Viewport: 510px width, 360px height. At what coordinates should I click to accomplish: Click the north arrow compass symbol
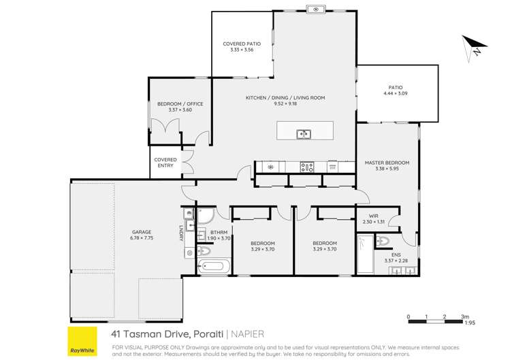pyautogui.click(x=475, y=48)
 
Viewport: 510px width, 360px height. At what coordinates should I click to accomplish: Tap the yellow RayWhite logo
pyautogui.click(x=82, y=338)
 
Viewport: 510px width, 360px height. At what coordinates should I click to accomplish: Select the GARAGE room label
pyautogui.click(x=142, y=232)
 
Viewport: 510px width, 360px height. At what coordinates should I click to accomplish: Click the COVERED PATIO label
pyautogui.click(x=242, y=44)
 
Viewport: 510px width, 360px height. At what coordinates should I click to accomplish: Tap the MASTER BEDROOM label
pyautogui.click(x=387, y=163)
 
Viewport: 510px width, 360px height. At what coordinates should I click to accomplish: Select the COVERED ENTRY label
pyautogui.click(x=165, y=160)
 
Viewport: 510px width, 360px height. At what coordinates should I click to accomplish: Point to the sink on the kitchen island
pyautogui.click(x=304, y=134)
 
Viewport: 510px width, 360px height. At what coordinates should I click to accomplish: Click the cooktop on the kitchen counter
pyautogui.click(x=307, y=166)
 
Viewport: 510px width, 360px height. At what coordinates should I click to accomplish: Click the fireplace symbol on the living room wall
pyautogui.click(x=316, y=9)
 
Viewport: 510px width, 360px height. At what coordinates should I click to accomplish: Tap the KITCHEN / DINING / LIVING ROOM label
pyautogui.click(x=285, y=98)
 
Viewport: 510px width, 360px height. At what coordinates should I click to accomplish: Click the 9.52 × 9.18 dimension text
pyautogui.click(x=285, y=105)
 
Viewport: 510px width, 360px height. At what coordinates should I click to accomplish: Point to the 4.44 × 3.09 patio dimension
pyautogui.click(x=395, y=95)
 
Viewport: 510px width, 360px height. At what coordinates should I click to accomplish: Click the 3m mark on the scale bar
pyautogui.click(x=465, y=317)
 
